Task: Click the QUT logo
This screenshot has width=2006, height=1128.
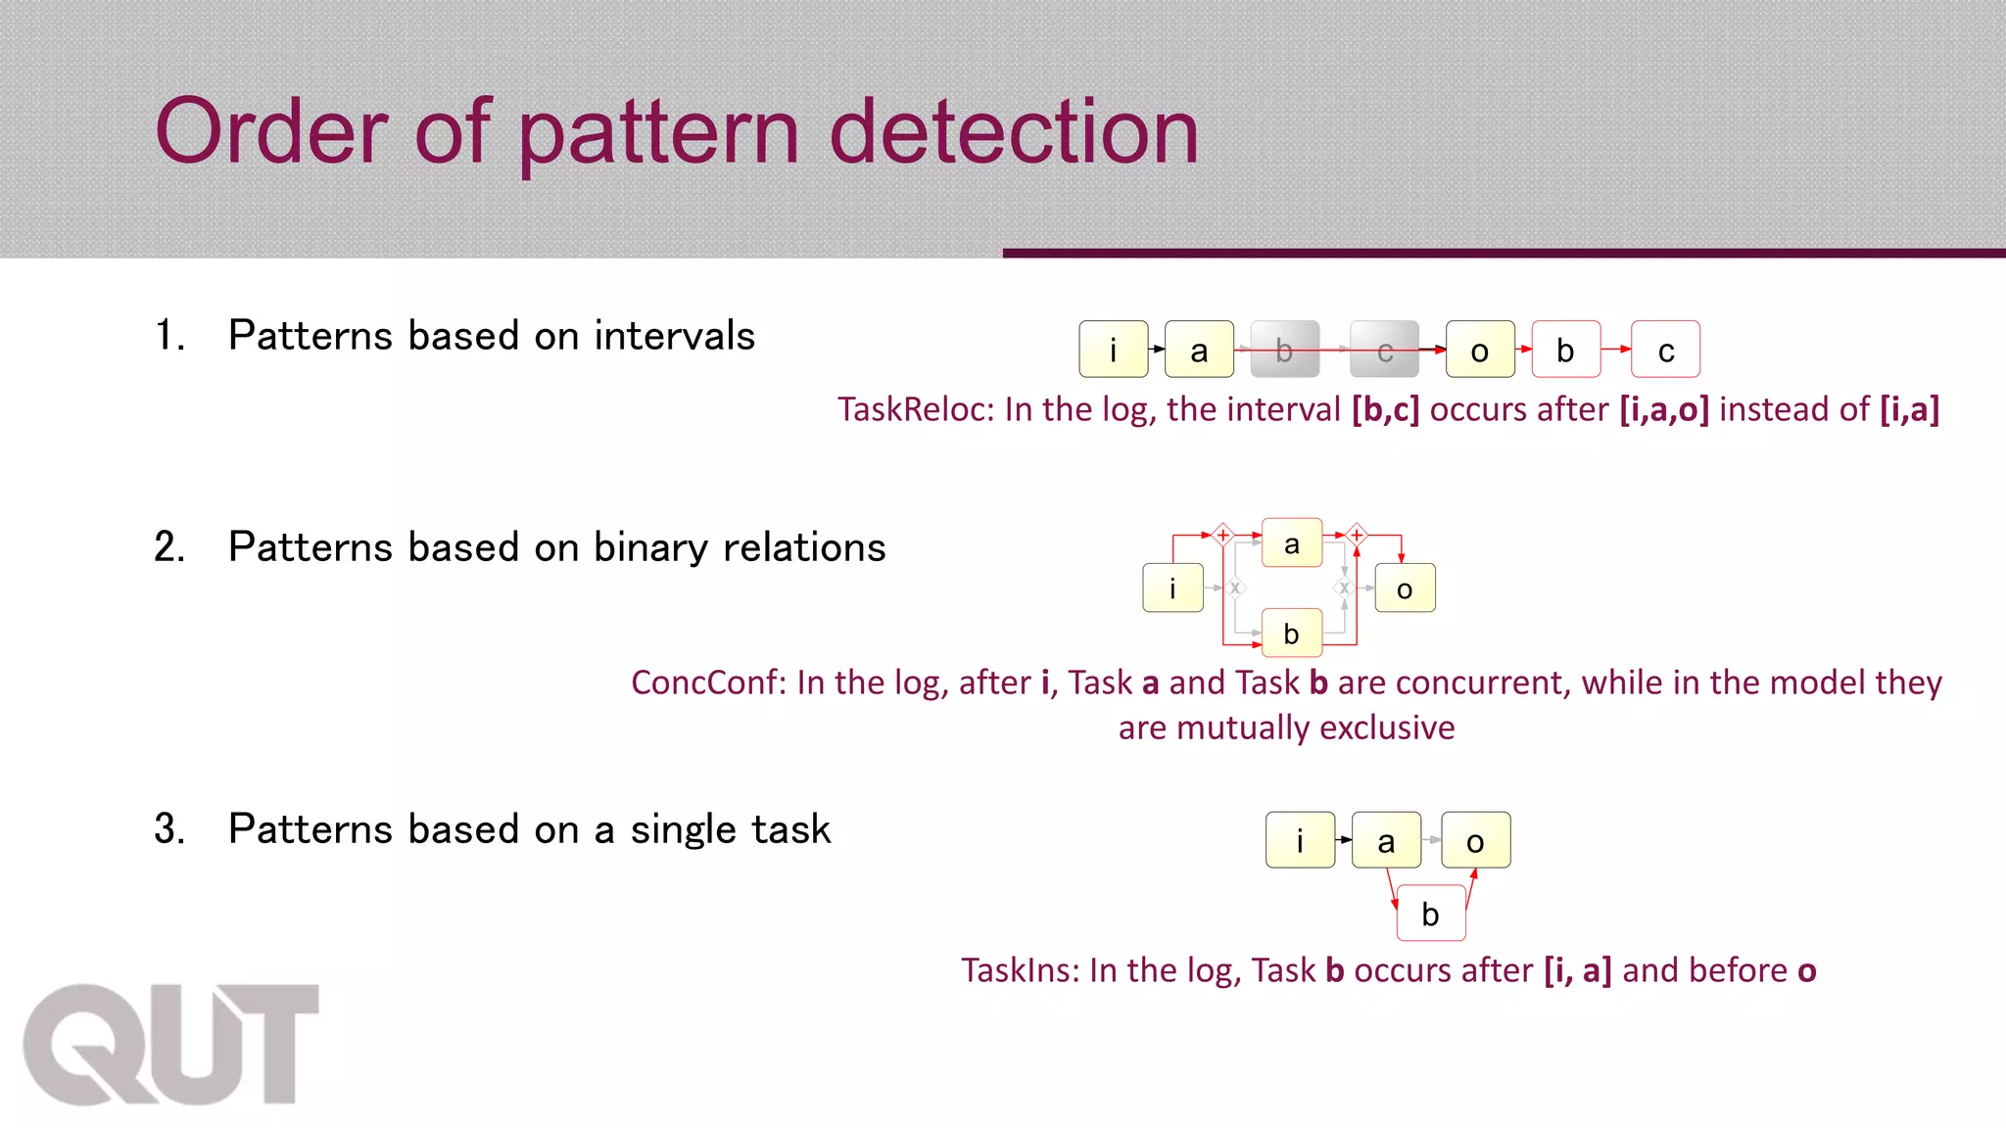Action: (x=171, y=1044)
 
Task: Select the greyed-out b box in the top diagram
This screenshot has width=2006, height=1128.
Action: (x=1284, y=350)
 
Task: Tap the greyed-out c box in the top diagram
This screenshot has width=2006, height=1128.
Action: (x=1384, y=350)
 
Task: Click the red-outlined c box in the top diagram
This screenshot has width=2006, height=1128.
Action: (x=1665, y=350)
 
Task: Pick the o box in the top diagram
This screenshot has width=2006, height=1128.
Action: (x=1480, y=350)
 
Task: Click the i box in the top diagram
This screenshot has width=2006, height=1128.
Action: (x=1113, y=350)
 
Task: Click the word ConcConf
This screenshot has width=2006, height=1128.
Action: (x=707, y=682)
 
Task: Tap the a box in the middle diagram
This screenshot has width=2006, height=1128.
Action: (x=1292, y=543)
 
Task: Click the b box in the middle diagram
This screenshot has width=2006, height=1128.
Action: (x=1291, y=634)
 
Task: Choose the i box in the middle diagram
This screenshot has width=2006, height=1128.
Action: (x=1172, y=588)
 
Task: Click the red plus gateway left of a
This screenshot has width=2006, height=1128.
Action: (x=1222, y=535)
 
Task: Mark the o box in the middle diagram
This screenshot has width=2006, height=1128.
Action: (x=1405, y=588)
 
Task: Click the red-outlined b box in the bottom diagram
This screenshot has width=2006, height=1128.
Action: (x=1430, y=914)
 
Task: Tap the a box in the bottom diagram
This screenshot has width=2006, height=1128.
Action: (x=1386, y=840)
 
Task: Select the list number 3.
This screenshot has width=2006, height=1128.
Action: (x=168, y=829)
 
